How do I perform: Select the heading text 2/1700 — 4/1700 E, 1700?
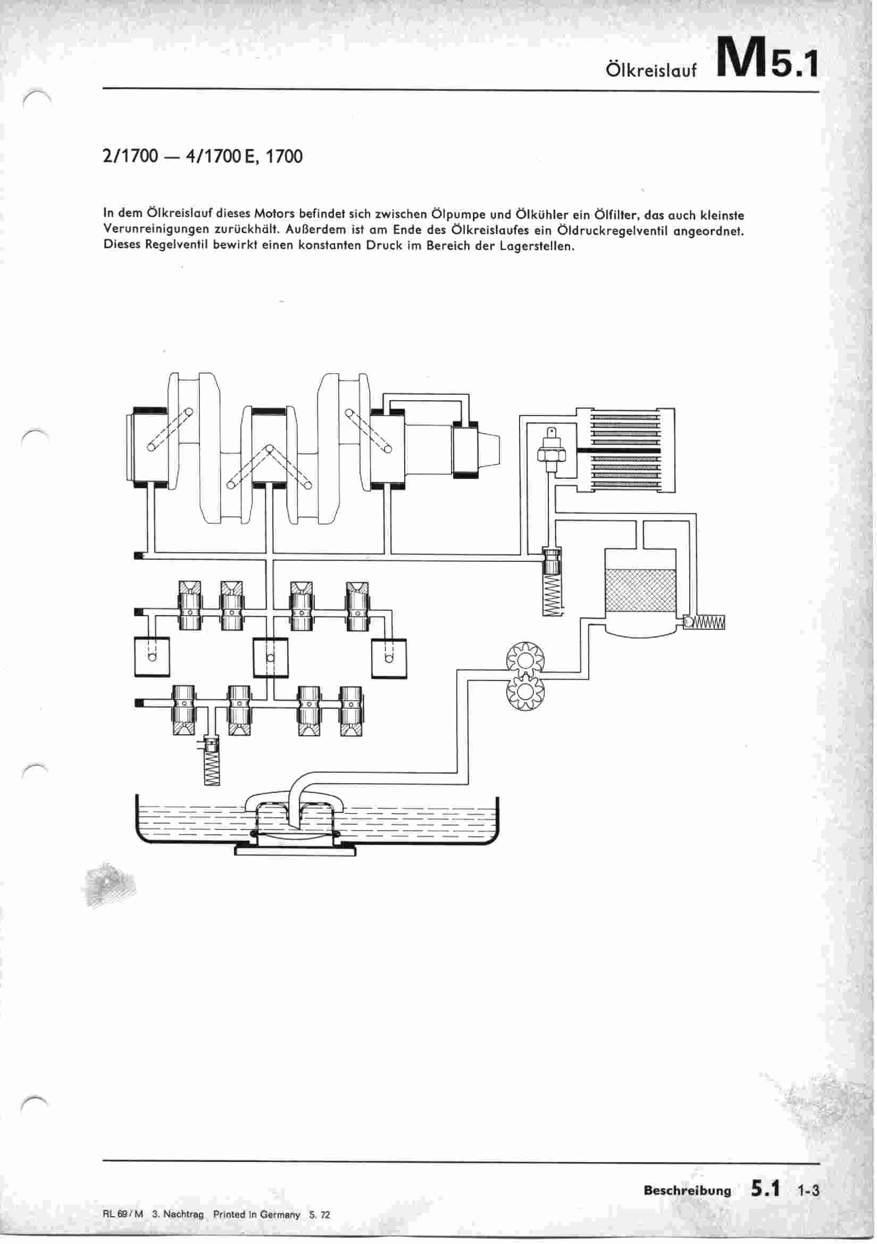click(202, 156)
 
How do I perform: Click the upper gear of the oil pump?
click(524, 659)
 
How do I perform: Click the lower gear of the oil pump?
click(524, 693)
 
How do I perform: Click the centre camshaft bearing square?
click(270, 658)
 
